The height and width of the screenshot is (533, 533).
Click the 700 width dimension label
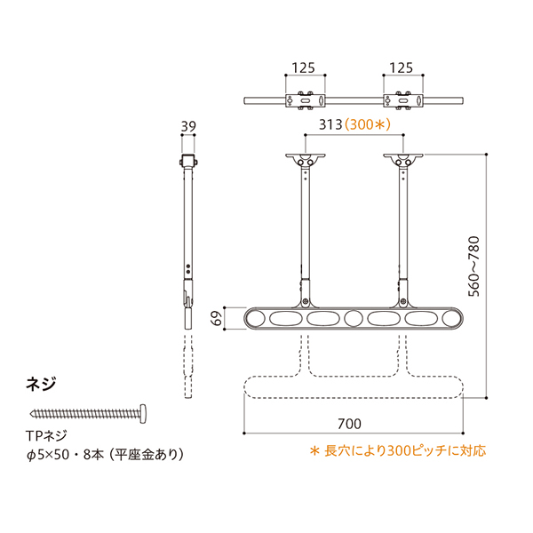349,424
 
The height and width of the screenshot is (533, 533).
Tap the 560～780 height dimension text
473,266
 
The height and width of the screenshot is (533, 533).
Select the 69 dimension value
217,318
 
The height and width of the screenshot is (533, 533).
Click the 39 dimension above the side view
188,126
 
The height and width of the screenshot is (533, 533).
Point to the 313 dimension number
330,124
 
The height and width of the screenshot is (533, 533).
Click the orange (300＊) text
368,124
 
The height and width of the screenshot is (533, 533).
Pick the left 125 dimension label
304,68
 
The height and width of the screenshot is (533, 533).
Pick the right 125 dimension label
402,68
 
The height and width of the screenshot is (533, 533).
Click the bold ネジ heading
41,384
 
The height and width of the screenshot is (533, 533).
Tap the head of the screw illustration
143,414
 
